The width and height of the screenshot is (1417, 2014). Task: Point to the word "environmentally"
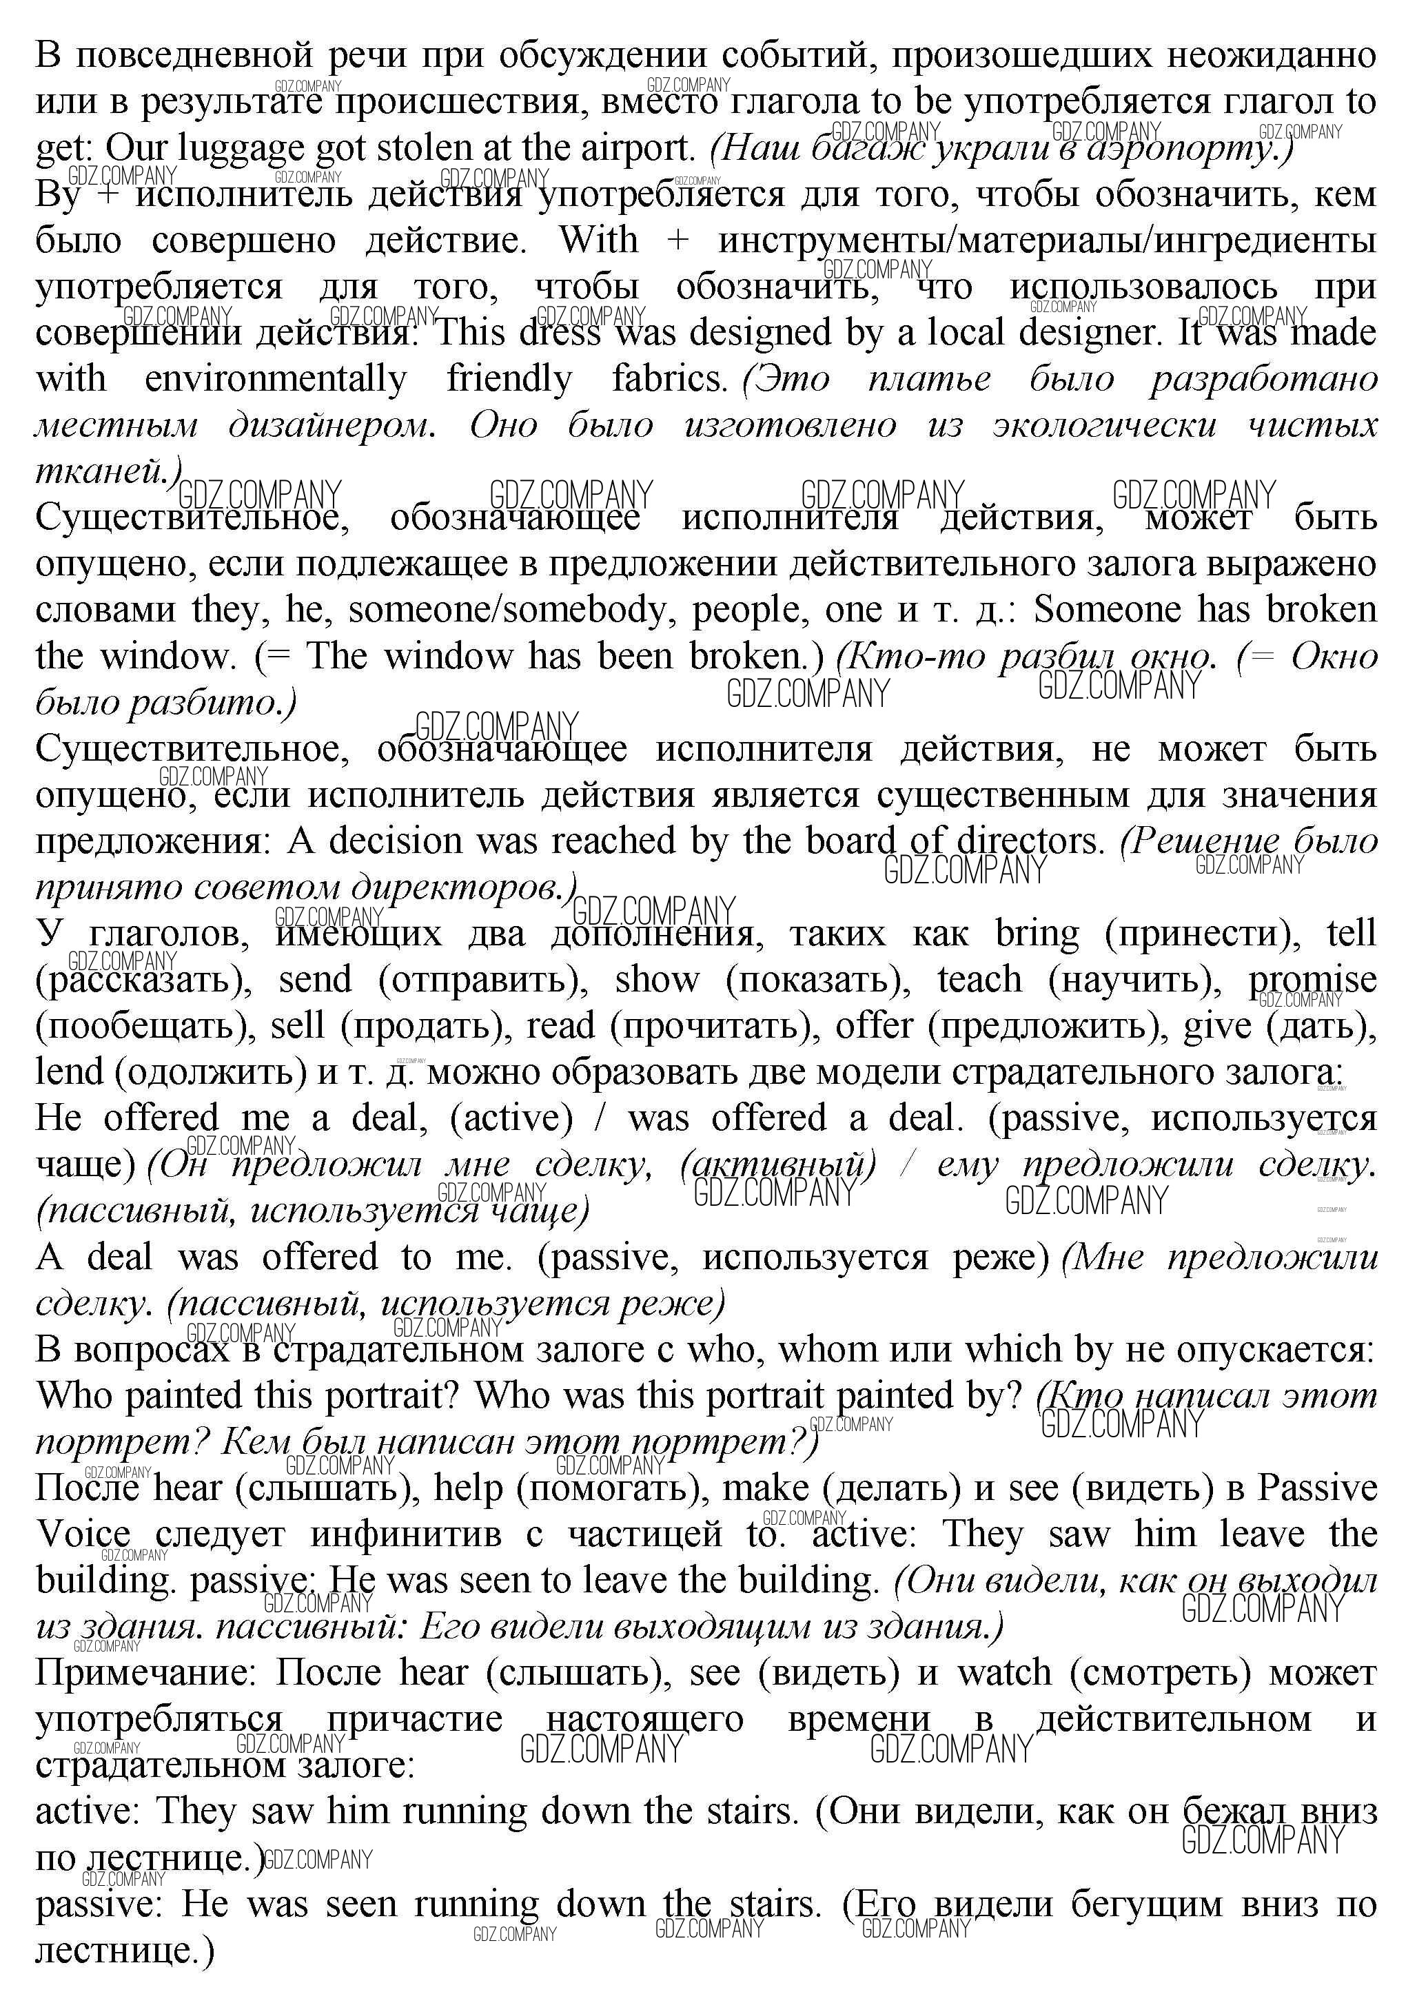point(276,379)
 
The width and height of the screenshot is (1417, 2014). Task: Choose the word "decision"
point(395,841)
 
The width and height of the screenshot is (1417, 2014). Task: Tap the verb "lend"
point(70,1072)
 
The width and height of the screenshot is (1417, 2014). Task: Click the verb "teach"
point(979,980)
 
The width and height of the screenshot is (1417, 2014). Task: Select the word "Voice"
point(83,1535)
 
